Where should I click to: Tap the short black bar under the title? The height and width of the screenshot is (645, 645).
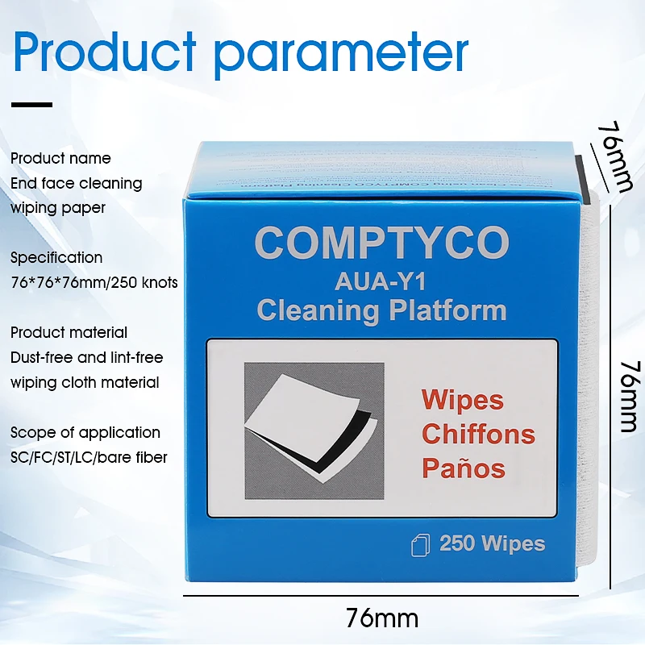tap(33, 104)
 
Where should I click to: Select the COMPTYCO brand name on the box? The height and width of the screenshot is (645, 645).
tap(381, 243)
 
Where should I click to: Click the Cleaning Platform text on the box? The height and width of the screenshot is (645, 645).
tap(381, 310)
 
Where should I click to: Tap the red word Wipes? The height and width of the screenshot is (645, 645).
tap(462, 400)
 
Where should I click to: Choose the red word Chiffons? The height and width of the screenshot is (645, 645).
tap(478, 434)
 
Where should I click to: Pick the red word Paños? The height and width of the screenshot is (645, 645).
tap(464, 468)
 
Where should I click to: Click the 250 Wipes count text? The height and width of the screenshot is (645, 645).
tap(492, 543)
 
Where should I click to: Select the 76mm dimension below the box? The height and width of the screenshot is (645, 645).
tap(382, 618)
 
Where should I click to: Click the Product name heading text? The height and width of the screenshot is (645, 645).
tap(60, 158)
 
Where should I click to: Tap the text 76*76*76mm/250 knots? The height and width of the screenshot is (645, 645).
tap(94, 283)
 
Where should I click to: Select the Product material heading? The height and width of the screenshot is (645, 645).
tap(69, 332)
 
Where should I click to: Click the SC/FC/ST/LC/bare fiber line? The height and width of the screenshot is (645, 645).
tap(89, 457)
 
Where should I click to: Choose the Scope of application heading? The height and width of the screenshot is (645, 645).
tap(85, 432)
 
